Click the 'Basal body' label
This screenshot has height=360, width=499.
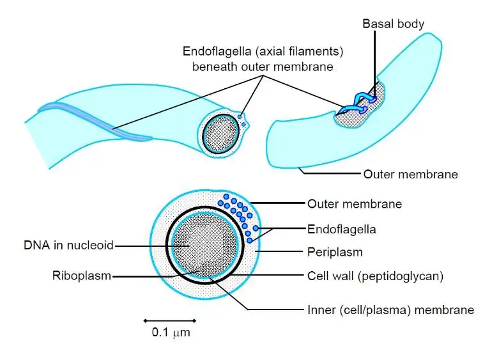[x=393, y=24]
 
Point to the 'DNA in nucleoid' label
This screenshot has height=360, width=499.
[x=68, y=245]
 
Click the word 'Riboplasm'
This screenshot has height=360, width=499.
[x=81, y=276]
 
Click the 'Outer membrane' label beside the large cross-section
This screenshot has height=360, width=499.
[x=355, y=204]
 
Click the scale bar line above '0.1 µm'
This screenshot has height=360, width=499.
[x=169, y=320]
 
